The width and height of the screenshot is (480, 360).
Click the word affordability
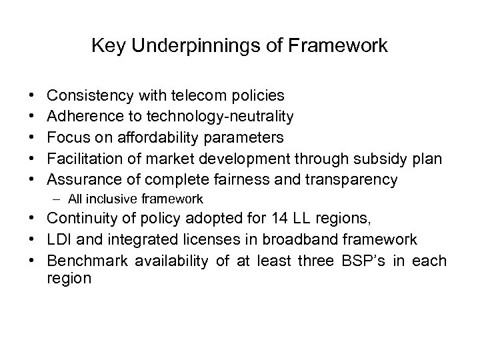157,138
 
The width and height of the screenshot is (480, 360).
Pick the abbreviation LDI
61,239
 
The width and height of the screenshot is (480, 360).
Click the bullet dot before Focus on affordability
33,138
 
